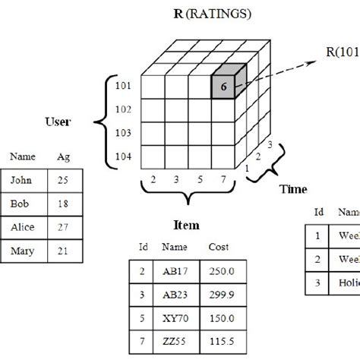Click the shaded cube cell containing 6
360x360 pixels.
223,87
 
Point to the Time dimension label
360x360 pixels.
293,189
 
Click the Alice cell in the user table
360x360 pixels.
23,226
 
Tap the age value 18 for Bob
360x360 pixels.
62,204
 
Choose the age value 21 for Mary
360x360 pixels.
62,249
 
